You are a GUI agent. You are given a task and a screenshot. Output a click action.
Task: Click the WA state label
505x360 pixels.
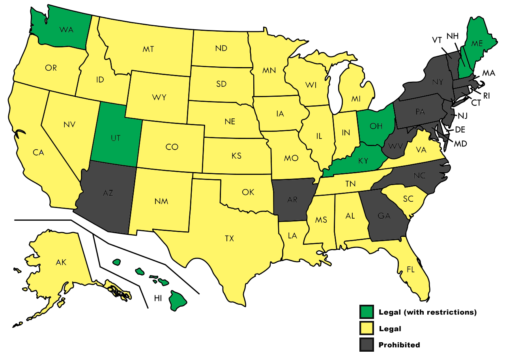tap(66, 30)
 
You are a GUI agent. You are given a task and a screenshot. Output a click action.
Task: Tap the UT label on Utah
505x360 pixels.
tap(115, 138)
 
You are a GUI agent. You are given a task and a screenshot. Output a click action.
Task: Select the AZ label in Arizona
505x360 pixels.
tap(108, 193)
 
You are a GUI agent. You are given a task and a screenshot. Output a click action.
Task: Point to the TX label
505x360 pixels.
tap(229, 238)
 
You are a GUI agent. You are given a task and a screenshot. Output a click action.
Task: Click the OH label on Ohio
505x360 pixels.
tap(376, 126)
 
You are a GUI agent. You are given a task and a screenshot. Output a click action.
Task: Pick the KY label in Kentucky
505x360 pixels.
tap(363, 161)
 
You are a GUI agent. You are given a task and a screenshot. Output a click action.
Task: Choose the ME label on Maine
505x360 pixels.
tap(477, 43)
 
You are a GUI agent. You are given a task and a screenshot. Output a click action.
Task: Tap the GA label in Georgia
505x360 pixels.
tap(384, 216)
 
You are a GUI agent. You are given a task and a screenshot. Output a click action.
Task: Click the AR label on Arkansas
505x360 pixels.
tap(292, 200)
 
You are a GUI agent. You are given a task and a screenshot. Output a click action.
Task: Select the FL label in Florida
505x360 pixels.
tap(411, 270)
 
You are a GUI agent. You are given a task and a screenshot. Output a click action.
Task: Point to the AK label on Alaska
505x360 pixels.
tap(61, 262)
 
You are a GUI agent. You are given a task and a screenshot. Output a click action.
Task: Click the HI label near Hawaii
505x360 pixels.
tap(158, 299)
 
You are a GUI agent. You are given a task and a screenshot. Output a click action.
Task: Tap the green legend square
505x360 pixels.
tap(367, 312)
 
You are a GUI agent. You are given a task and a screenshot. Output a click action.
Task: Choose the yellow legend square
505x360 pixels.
tap(367, 328)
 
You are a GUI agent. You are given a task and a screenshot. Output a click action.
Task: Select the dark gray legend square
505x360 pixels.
tap(367, 345)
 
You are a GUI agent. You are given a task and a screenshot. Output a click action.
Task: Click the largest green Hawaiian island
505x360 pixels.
tap(178, 301)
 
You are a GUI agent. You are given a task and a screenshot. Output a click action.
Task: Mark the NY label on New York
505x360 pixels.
tap(438, 82)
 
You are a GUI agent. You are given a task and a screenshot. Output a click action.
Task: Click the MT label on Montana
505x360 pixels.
tap(148, 49)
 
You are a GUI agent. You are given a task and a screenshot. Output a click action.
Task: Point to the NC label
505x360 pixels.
tap(420, 176)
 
